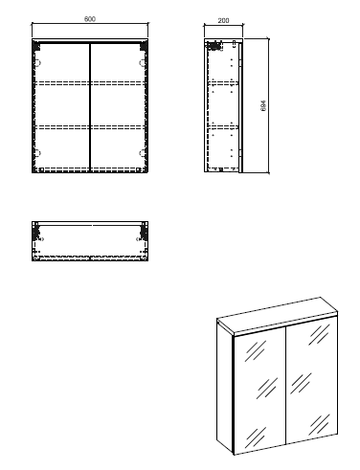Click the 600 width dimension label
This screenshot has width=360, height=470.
tap(90, 19)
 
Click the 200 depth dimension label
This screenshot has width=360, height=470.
tap(223, 20)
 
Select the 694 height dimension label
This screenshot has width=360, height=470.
tap(263, 105)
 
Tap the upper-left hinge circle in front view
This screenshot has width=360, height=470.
tap(38, 63)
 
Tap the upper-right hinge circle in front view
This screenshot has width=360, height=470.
tap(142, 63)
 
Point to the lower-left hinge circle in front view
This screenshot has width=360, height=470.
tap(38, 153)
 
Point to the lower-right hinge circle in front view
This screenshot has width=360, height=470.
tap(142, 153)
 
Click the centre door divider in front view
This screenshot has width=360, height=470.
tap(90, 107)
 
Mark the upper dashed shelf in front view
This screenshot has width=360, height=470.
tap(90, 83)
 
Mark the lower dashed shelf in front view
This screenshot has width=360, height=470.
tap(90, 126)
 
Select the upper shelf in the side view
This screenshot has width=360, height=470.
tap(223, 83)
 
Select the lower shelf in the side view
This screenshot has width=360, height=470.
tap(223, 126)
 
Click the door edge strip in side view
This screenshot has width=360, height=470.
tap(240, 107)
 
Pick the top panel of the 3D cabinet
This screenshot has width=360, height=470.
tap(277, 315)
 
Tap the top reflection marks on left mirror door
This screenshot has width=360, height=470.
tap(256, 350)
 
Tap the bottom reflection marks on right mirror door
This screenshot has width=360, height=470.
tap(319, 425)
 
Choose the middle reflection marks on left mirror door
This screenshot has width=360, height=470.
tap(267, 389)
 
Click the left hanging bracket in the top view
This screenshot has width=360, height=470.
tap(36, 233)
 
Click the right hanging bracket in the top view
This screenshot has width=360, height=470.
tap(143, 233)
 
